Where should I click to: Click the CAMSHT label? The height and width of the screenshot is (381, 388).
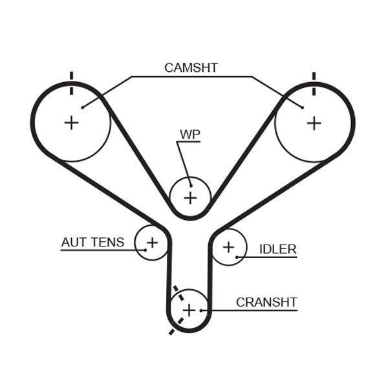pyautogui.click(x=191, y=67)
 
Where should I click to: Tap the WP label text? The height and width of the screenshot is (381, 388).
pyautogui.click(x=189, y=135)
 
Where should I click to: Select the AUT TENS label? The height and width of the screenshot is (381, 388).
pyautogui.click(x=92, y=243)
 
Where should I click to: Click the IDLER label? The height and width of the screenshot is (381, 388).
pyautogui.click(x=277, y=249)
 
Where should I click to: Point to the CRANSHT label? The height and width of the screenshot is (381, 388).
pyautogui.click(x=266, y=302)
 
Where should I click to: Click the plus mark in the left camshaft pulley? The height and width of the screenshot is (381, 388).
pyautogui.click(x=71, y=122)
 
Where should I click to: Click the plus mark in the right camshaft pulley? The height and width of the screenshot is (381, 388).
pyautogui.click(x=314, y=122)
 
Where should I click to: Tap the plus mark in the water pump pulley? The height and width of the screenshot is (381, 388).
pyautogui.click(x=190, y=197)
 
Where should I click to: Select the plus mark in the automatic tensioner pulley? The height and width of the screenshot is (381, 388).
pyautogui.click(x=152, y=243)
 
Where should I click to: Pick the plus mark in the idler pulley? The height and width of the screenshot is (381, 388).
pyautogui.click(x=228, y=246)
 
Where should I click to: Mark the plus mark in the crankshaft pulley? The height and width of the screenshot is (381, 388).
pyautogui.click(x=188, y=310)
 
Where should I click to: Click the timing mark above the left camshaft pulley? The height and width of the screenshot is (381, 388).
pyautogui.click(x=71, y=76)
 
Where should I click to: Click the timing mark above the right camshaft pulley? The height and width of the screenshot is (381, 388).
pyautogui.click(x=314, y=76)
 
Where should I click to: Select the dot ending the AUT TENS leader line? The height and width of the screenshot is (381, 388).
pyautogui.click(x=142, y=249)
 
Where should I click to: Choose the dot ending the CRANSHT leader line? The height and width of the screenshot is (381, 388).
pyautogui.click(x=202, y=311)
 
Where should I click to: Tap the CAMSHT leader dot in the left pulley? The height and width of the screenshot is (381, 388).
pyautogui.click(x=82, y=107)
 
